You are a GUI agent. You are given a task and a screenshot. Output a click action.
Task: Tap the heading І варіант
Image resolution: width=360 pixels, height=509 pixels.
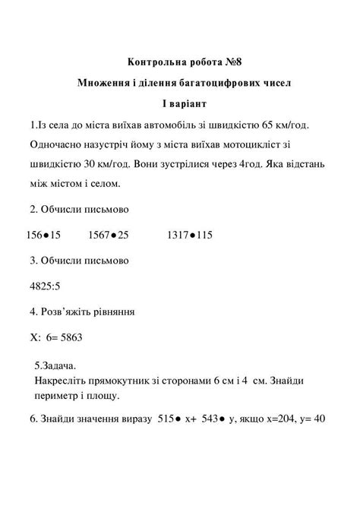(180, 102)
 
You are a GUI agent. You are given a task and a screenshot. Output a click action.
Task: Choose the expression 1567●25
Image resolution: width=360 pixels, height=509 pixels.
(108, 236)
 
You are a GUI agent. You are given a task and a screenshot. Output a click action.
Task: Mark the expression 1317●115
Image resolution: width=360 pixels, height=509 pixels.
(188, 236)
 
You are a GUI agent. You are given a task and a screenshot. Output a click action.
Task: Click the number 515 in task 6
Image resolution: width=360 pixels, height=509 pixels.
(165, 419)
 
